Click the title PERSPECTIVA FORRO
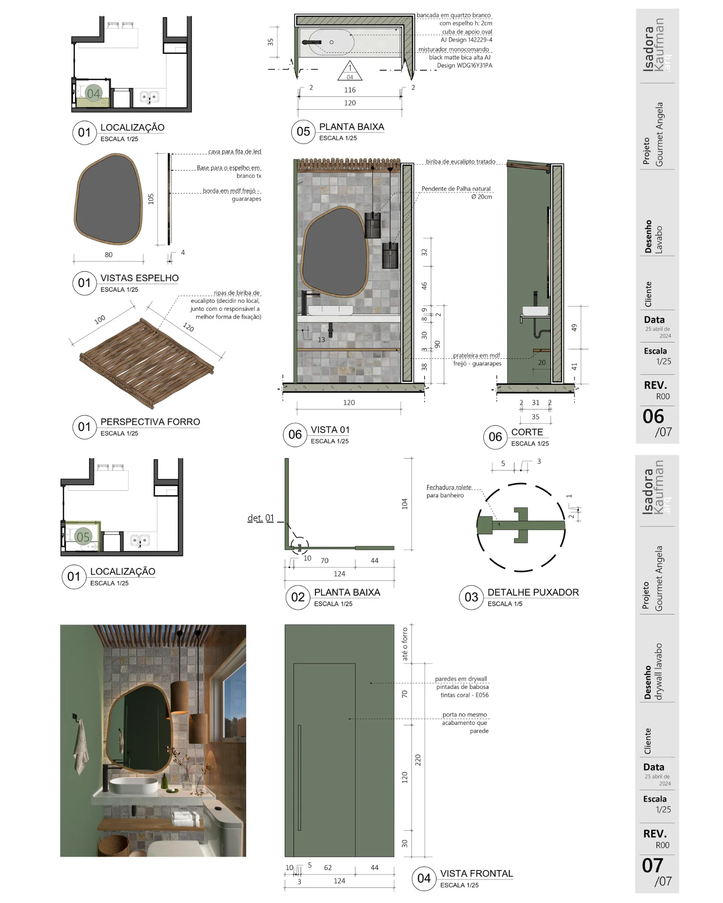tap(150, 422)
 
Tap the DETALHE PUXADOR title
tap(533, 592)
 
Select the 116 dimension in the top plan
tap(350, 90)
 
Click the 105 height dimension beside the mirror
tap(151, 199)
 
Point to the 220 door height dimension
tap(418, 760)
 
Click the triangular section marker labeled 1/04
tap(350, 71)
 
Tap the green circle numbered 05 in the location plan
tap(83, 537)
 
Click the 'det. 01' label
tap(260, 518)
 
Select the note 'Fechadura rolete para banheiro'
tap(449, 491)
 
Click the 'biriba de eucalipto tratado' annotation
tap(460, 161)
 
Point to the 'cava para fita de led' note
tap(234, 151)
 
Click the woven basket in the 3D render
tap(113, 845)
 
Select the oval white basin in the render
tap(134, 785)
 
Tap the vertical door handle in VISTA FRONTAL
tap(299, 777)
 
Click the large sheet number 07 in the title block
tap(652, 865)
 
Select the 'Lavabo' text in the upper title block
tap(659, 240)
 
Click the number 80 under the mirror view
tap(109, 255)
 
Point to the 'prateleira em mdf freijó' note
tap(477, 359)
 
